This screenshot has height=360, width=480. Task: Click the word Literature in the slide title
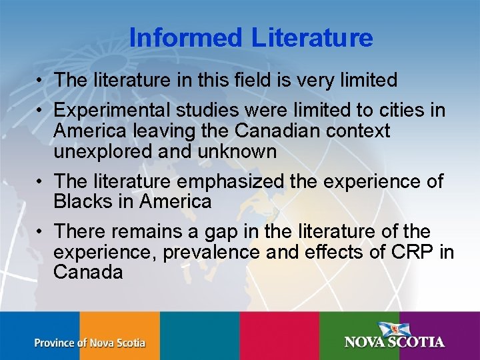tap(312, 37)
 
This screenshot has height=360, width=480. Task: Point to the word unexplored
tap(109, 151)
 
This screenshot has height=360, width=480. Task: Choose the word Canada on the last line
tap(88, 272)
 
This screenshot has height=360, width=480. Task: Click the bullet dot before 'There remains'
tap(41, 231)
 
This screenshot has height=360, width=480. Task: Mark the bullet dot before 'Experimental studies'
tap(41, 110)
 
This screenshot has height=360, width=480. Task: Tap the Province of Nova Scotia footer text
tap(89, 343)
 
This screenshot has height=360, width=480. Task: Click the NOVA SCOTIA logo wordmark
tap(395, 342)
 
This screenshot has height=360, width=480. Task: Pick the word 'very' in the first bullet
tap(305, 80)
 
